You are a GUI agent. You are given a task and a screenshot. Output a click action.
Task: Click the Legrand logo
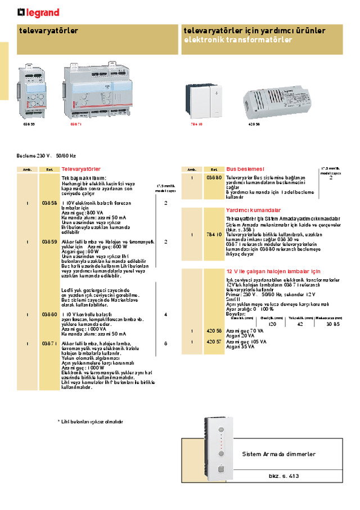(x=38, y=12)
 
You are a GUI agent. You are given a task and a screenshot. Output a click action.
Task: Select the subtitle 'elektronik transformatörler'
(x=238, y=41)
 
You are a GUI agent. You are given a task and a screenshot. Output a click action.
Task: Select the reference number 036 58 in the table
(x=49, y=202)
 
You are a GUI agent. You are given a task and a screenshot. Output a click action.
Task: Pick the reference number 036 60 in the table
(x=49, y=314)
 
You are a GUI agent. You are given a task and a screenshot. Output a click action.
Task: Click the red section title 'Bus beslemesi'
(x=245, y=169)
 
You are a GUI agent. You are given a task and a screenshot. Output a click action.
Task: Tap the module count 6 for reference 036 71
(x=165, y=343)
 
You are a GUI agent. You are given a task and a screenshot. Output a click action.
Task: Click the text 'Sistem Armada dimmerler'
(x=278, y=454)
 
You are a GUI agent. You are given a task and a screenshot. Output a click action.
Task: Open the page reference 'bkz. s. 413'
(x=283, y=477)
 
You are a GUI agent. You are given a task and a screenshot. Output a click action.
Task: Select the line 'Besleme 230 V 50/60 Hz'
(x=46, y=155)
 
